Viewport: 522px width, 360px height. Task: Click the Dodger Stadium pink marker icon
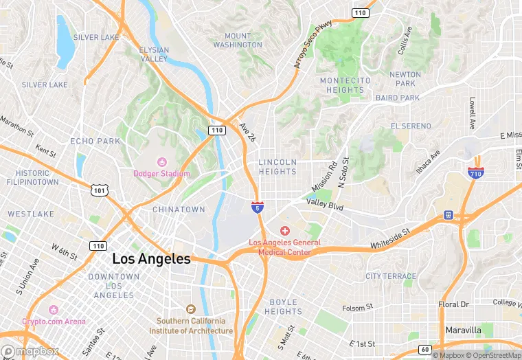click(162, 162)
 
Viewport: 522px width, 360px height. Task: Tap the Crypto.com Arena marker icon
click(54, 310)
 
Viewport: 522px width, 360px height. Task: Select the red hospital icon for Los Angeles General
click(284, 231)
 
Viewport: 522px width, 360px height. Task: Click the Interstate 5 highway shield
click(257, 207)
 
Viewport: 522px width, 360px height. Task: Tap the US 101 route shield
click(99, 188)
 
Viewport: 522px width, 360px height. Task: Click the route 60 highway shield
click(424, 350)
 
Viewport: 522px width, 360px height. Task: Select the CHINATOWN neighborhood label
click(179, 209)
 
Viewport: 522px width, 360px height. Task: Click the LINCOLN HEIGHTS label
click(277, 167)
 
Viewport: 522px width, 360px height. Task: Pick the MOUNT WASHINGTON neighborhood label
click(237, 41)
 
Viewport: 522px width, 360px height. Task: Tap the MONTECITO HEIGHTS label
click(345, 85)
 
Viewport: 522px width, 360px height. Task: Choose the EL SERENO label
click(411, 126)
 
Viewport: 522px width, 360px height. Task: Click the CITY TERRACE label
click(391, 276)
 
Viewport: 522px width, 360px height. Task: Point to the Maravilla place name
click(463, 330)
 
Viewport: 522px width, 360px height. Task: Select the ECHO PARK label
click(95, 141)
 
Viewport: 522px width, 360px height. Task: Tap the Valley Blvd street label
click(324, 204)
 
